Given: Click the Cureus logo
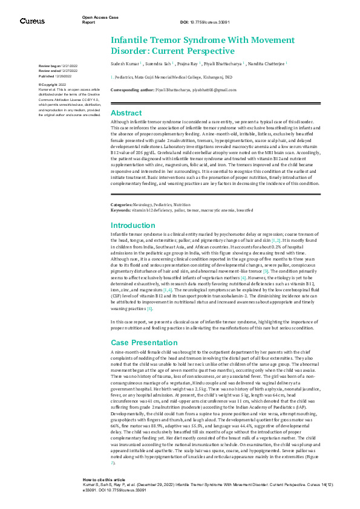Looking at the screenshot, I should click(x=32, y=21).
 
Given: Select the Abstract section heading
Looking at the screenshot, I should click(x=126, y=114).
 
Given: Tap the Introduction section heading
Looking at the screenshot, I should click(x=133, y=225).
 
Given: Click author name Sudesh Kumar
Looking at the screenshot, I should click(x=125, y=62).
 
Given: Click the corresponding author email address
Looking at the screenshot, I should click(x=211, y=89).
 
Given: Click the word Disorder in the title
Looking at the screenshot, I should click(x=129, y=50).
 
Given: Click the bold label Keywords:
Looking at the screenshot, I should click(x=122, y=210).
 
